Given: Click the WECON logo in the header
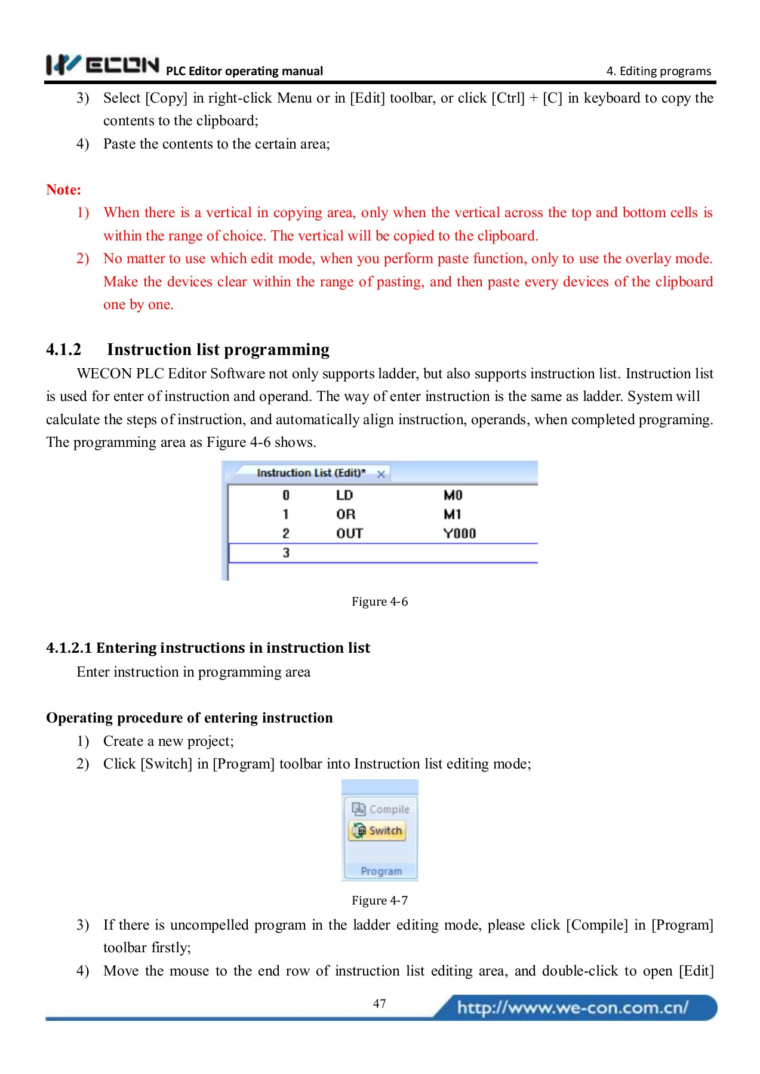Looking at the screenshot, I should point(103,64).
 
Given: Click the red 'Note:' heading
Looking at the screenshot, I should point(63,190).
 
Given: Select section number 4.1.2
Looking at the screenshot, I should point(63,350).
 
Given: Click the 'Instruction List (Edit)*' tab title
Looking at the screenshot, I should point(310,473).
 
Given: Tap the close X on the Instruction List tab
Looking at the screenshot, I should point(381,474).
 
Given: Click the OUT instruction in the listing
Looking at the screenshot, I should point(349,533).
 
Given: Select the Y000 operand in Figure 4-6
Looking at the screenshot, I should point(459,533).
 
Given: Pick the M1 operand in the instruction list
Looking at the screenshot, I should point(452,514).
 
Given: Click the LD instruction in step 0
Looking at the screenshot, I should point(344,495).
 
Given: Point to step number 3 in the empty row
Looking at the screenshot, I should point(286,553).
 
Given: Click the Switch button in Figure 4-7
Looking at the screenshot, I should point(378,831).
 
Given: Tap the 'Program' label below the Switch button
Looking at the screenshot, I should point(381,871).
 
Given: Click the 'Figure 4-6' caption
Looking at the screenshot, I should point(380,601).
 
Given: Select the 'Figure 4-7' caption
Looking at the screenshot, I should point(380,900).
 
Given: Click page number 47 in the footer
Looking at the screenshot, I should point(379,1004).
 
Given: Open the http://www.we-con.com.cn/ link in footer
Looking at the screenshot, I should point(572,1008).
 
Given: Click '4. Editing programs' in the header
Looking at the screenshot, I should point(659,71).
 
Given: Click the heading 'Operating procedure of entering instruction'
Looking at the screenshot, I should point(189,718).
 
